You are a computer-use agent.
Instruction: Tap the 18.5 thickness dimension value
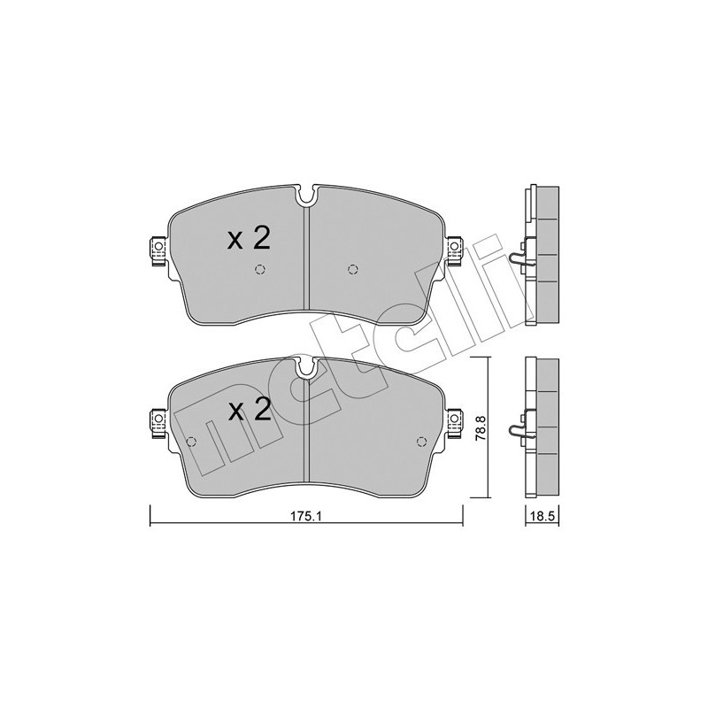(x=541, y=519)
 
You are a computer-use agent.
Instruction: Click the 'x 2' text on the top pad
(x=248, y=238)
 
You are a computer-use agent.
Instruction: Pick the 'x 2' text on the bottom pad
(x=248, y=410)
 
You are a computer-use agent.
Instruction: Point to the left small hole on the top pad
(x=260, y=270)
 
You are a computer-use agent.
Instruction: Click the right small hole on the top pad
(x=353, y=270)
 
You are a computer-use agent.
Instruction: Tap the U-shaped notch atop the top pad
(x=306, y=194)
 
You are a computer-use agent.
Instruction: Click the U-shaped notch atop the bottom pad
(x=306, y=365)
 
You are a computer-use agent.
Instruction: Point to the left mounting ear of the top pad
(x=157, y=250)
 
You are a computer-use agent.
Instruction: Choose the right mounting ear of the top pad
(x=455, y=250)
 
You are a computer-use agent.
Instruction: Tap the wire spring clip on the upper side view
(x=519, y=257)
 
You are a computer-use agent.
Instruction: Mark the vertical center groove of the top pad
(x=306, y=257)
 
